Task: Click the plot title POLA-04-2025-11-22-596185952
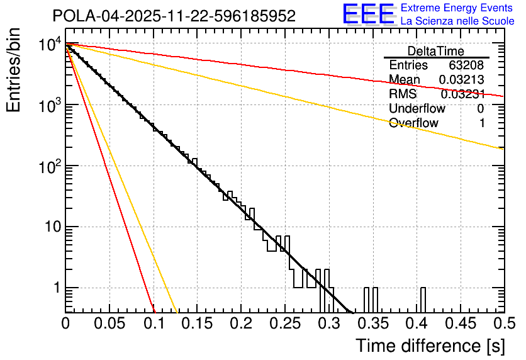pos(174,16)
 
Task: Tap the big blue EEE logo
pos(368,14)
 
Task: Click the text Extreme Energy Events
pos(457,8)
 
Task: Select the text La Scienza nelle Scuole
pos(457,21)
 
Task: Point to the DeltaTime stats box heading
pos(436,51)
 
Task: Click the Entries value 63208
pos(466,65)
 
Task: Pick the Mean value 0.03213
pos(461,80)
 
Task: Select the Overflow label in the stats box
pos(413,123)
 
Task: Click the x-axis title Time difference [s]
pos(430,346)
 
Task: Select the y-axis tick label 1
pos(55,288)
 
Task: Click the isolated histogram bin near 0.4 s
pos(423,300)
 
